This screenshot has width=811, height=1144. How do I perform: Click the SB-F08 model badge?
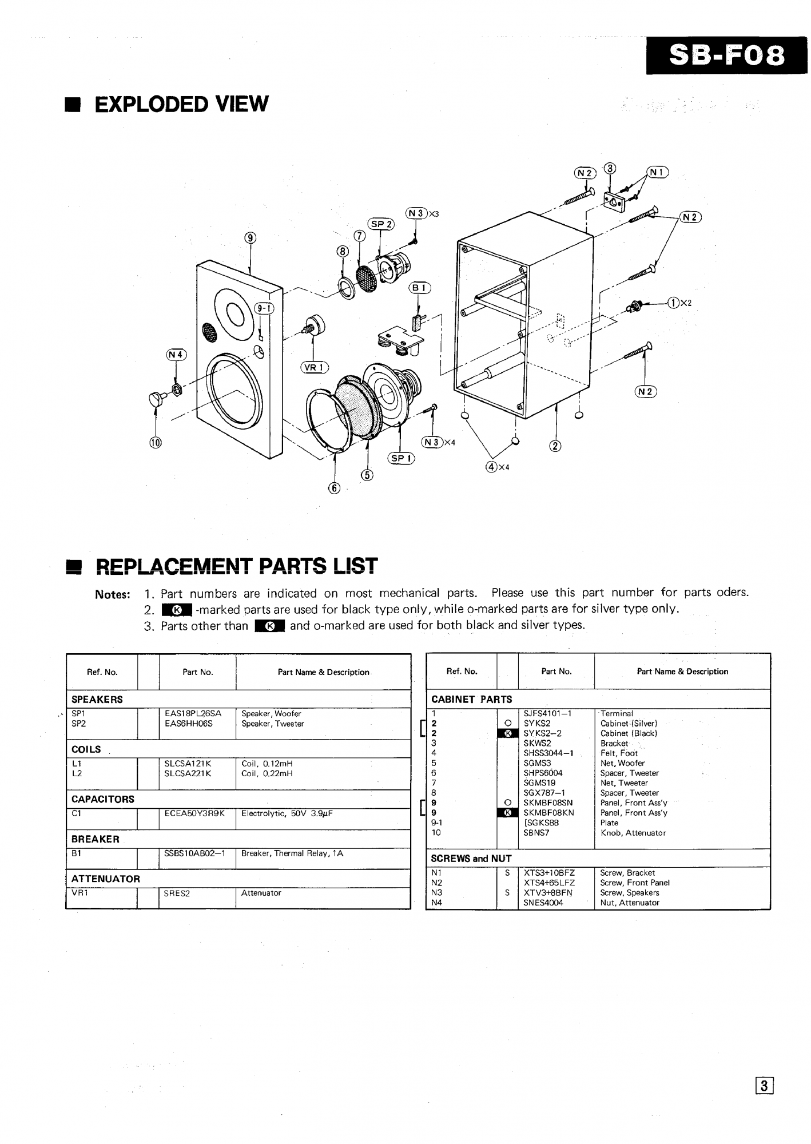click(x=726, y=55)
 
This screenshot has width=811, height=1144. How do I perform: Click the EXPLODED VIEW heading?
click(x=181, y=104)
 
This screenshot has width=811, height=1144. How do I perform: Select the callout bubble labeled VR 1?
click(x=314, y=368)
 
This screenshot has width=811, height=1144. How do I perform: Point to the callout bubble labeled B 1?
click(x=419, y=288)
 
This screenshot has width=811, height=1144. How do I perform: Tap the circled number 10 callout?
click(x=156, y=442)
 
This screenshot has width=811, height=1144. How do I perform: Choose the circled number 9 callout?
click(x=251, y=238)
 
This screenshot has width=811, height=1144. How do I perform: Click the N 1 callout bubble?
click(x=657, y=172)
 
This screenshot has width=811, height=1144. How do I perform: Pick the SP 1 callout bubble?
click(x=401, y=458)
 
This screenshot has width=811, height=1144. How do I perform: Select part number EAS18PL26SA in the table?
click(x=193, y=714)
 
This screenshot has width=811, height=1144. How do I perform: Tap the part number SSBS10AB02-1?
click(x=194, y=853)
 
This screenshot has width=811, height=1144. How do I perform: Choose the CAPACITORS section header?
click(x=103, y=799)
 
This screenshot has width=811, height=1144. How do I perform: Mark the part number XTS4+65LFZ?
click(x=549, y=883)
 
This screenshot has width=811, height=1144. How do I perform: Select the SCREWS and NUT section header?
click(x=471, y=859)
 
